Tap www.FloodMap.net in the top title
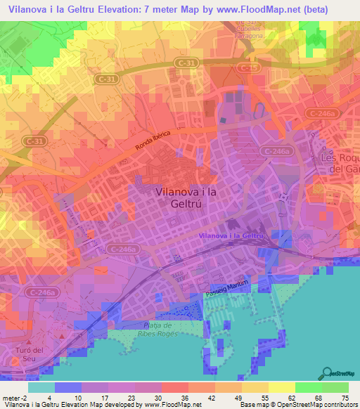[x=260, y=8]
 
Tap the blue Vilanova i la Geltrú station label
[x=231, y=236]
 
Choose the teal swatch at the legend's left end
[x=41, y=387]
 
